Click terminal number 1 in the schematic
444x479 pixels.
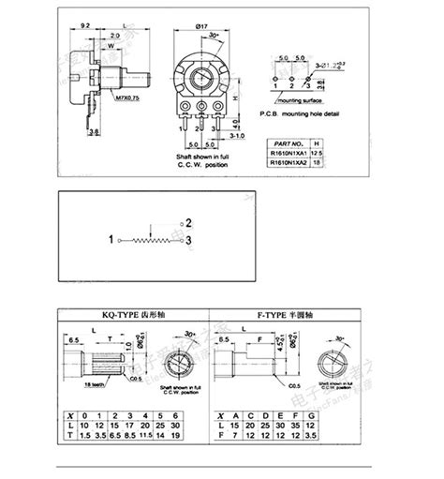click(111, 241)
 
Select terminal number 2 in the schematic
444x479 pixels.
click(189, 223)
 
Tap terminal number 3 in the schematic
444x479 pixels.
click(189, 241)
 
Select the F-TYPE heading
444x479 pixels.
click(295, 319)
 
